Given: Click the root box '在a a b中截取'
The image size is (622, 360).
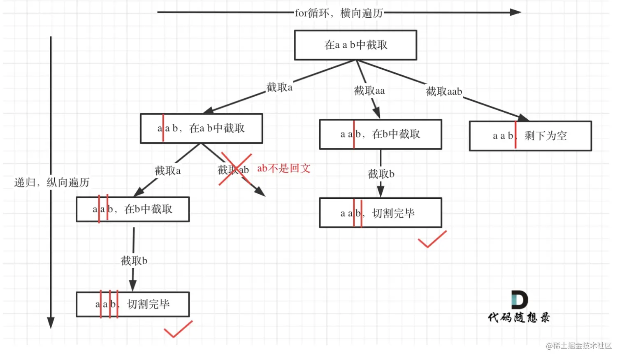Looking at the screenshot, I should (355, 45).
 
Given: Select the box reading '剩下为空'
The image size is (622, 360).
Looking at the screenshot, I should (530, 136).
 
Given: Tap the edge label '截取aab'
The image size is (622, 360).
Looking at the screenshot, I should (444, 91).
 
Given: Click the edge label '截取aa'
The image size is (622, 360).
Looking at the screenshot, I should (369, 91).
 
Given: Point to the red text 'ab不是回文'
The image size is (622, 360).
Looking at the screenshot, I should (284, 168).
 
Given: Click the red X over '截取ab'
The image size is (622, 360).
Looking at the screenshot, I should (235, 169).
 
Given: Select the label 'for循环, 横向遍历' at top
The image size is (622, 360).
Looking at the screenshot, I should (339, 13).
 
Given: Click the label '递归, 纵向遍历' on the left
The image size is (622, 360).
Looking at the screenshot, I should (52, 182).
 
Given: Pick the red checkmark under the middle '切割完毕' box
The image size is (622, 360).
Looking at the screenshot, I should (432, 239).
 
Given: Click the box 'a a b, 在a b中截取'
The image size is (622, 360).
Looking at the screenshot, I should (201, 128).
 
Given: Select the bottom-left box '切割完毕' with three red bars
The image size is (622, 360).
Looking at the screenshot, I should (132, 304).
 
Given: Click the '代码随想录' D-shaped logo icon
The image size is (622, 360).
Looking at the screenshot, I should (519, 300).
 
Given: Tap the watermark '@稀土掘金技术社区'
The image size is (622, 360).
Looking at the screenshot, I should (578, 346).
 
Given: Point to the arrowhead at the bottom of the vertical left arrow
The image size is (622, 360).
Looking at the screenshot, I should (51, 323).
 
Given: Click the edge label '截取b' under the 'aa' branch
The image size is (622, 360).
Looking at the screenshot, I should (381, 174).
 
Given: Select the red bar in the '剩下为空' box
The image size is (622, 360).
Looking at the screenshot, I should (515, 135).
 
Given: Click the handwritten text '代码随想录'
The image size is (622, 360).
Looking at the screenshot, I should (519, 318).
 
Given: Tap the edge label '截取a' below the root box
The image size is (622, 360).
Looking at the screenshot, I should (279, 87).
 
